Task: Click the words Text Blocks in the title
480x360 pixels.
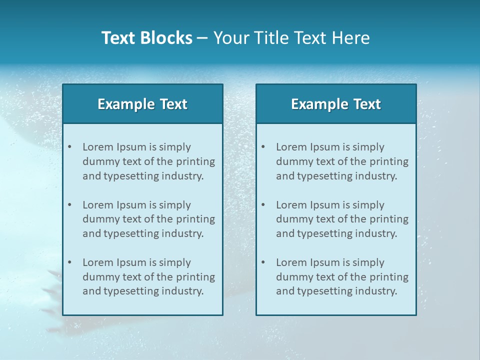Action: tap(146, 38)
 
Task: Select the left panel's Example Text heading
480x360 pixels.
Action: tap(142, 104)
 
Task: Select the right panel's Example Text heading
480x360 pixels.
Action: tap(336, 104)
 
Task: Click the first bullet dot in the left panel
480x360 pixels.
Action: tap(70, 147)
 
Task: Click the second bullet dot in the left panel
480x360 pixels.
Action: tap(70, 205)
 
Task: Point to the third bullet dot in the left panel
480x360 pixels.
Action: tap(70, 262)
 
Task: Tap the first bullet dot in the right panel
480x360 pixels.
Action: tap(263, 147)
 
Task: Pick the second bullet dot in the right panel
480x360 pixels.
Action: tap(263, 205)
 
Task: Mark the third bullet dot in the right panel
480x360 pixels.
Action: tap(263, 262)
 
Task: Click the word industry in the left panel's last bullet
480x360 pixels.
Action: tap(183, 291)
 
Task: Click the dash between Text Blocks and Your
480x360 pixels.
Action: tap(202, 38)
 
